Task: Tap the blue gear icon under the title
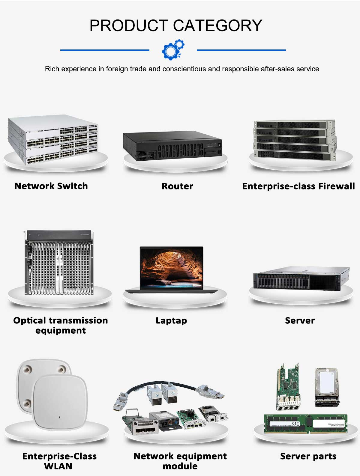click(172, 49)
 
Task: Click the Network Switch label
click(51, 186)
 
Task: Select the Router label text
click(177, 186)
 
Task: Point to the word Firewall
click(336, 186)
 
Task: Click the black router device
click(172, 146)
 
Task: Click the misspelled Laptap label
click(171, 320)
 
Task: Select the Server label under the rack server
click(300, 320)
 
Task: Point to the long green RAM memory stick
click(305, 424)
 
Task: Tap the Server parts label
click(308, 456)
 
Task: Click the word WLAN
click(58, 466)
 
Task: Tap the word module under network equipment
click(180, 466)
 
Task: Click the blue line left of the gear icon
click(105, 50)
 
